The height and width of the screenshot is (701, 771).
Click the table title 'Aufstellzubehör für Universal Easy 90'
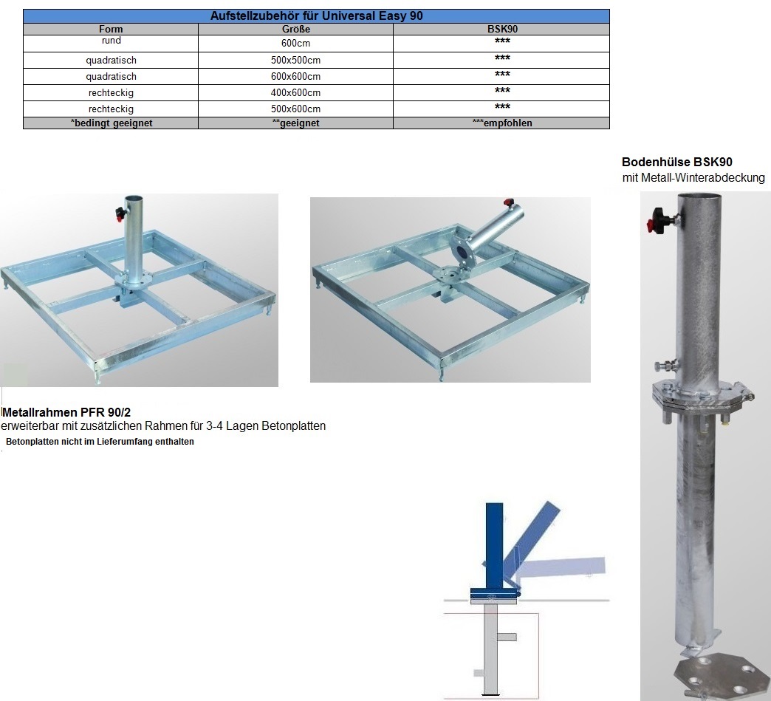pyautogui.click(x=316, y=16)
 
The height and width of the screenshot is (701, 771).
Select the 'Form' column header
pyautogui.click(x=111, y=29)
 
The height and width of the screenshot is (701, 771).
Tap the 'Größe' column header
pyautogui.click(x=295, y=29)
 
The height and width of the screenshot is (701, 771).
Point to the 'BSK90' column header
pyautogui.click(x=502, y=29)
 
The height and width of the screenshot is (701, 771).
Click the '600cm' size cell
pyautogui.click(x=295, y=44)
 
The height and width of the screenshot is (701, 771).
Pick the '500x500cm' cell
pyautogui.click(x=295, y=60)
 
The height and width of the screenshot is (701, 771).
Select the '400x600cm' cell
pyautogui.click(x=295, y=92)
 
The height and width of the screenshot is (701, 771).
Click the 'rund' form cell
pyautogui.click(x=111, y=41)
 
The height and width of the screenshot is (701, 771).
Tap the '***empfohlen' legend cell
pyautogui.click(x=502, y=123)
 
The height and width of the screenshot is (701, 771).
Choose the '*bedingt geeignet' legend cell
pyautogui.click(x=111, y=123)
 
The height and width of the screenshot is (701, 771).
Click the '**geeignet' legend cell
pyautogui.click(x=295, y=123)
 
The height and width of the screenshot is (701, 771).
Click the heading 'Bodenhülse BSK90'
pyautogui.click(x=676, y=162)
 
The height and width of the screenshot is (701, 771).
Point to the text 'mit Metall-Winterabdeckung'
pyautogui.click(x=693, y=177)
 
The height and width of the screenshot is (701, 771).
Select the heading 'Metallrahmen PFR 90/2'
pyautogui.click(x=66, y=412)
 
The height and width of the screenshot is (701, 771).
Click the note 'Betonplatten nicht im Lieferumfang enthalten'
pyautogui.click(x=100, y=442)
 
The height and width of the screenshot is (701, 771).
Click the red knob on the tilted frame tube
pyautogui.click(x=508, y=202)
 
